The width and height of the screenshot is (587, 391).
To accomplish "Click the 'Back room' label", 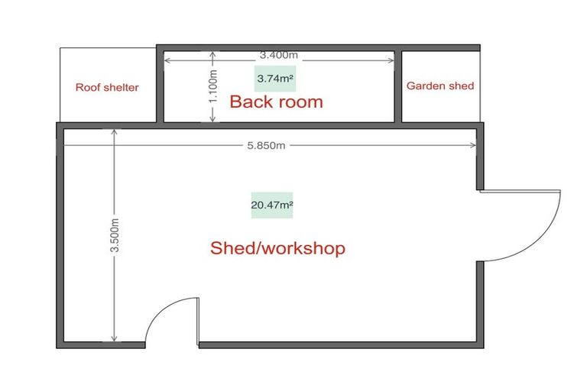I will pyautogui.click(x=276, y=102).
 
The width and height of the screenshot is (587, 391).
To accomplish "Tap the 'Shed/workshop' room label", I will pyautogui.click(x=277, y=248).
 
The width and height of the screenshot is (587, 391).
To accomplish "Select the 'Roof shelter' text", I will pyautogui.click(x=107, y=87).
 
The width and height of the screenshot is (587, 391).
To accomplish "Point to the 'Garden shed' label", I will pyautogui.click(x=439, y=86).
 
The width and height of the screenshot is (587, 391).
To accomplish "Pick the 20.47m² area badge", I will pyautogui.click(x=272, y=205).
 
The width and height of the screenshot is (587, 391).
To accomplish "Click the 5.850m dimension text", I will pyautogui.click(x=267, y=145).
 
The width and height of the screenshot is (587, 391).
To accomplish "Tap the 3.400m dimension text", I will pyautogui.click(x=278, y=55).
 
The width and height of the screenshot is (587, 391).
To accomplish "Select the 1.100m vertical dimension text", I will pyautogui.click(x=214, y=87).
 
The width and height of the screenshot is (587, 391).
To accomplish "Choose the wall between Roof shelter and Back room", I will pyautogui.click(x=161, y=86).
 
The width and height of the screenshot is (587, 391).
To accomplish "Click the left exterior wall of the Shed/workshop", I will pyautogui.click(x=60, y=237).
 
